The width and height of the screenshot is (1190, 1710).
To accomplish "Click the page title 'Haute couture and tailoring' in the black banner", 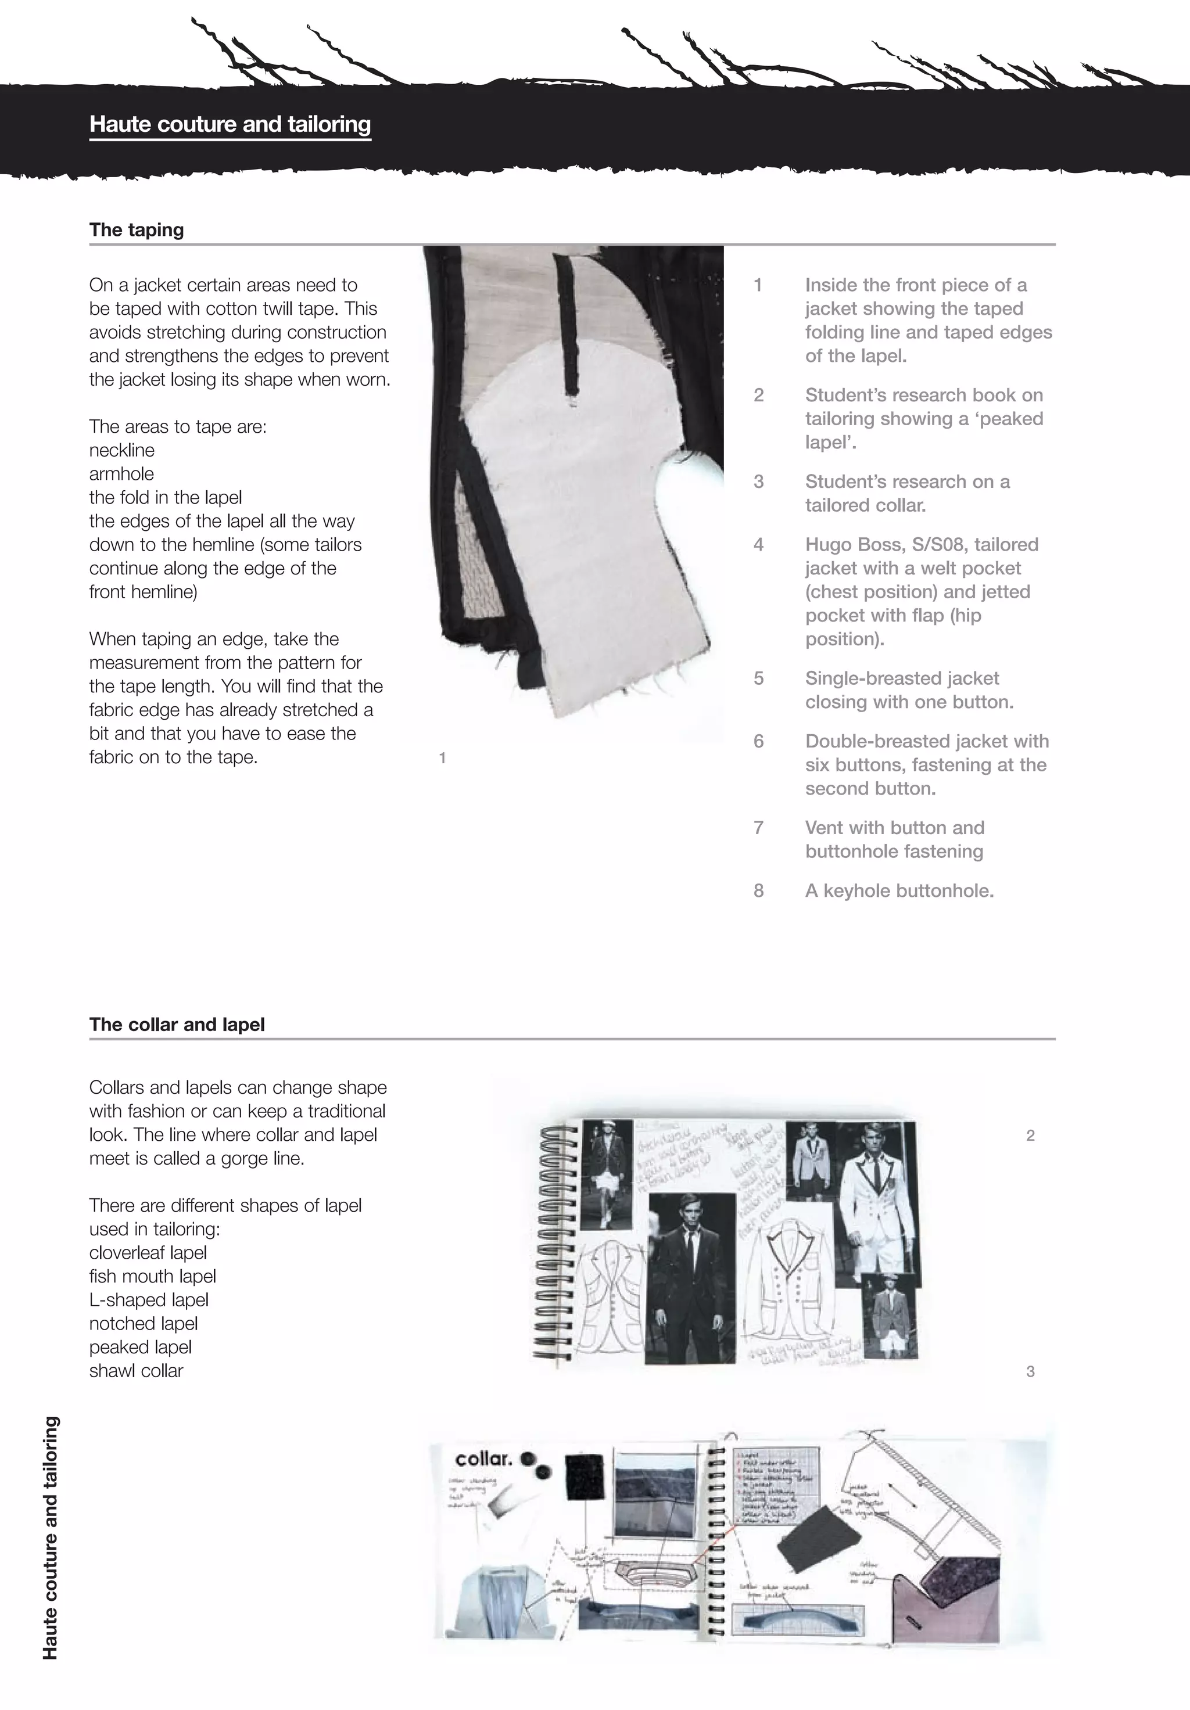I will pos(230,124).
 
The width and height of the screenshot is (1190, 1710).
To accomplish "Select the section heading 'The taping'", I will pos(137,229).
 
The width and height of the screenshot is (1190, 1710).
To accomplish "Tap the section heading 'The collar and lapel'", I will pos(177,1024).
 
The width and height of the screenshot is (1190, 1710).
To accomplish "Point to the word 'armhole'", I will pos(121,473).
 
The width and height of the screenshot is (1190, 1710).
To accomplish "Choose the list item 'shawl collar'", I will pos(135,1370).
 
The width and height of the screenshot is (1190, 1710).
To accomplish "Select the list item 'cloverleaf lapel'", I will pos(148,1253).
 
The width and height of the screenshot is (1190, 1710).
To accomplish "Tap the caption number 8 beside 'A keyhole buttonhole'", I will pos(758,891).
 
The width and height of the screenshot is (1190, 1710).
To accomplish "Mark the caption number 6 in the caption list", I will pos(758,741).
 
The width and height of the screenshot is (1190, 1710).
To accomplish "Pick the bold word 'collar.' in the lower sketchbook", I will pos(483,1459).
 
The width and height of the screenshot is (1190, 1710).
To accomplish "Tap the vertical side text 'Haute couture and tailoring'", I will pos(50,1538).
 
